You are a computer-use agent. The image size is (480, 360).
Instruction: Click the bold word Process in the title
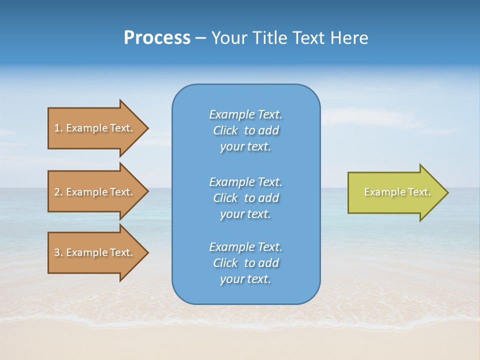coord(157,38)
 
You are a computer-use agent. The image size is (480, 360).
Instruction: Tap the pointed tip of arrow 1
coord(147,128)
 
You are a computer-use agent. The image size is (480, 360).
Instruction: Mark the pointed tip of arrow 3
coord(147,252)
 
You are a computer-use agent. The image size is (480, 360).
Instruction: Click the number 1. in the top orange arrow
coord(58,128)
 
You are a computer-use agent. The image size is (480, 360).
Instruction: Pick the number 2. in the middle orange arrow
coord(58,192)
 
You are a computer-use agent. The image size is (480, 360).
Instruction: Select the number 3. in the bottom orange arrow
coord(58,252)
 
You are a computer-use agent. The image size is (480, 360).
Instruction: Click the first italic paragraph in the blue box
coord(245,130)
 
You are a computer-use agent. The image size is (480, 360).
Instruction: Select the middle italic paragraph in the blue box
coord(245,198)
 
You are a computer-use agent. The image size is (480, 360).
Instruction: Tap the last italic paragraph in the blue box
coord(245,263)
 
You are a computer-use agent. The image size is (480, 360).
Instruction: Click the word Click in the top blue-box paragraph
coord(225,130)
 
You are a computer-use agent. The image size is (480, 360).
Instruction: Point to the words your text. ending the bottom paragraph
coord(245,279)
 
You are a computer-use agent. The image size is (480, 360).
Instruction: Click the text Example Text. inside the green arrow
coord(397,192)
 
